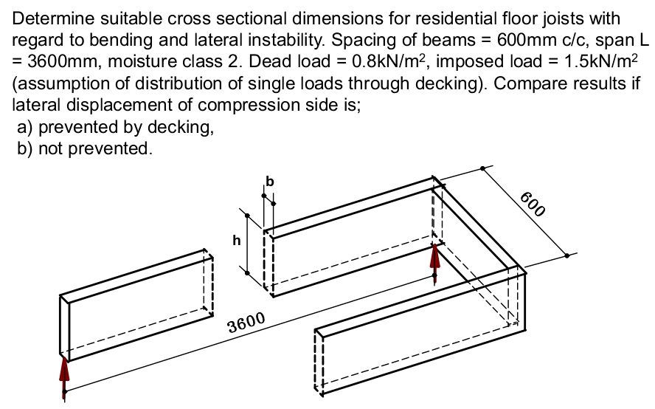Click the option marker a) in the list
[x=24, y=127]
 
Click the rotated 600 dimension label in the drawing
[x=533, y=204]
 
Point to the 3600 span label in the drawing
[x=246, y=323]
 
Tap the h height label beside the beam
[x=235, y=240]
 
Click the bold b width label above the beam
[x=269, y=180]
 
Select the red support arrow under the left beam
[x=65, y=377]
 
